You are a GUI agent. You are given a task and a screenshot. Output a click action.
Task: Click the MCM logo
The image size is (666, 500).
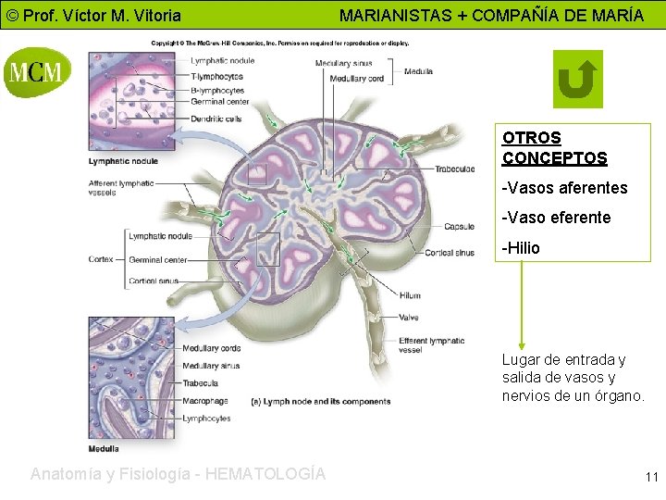37,70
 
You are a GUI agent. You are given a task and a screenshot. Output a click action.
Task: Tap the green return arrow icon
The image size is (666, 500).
577,79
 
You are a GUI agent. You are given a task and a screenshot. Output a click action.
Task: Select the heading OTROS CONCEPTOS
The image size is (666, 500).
554,148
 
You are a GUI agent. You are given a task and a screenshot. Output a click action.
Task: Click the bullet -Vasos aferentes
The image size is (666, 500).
564,188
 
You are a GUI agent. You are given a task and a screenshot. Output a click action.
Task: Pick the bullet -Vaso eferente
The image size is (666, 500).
556,218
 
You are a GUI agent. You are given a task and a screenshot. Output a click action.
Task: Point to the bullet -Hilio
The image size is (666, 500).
521,248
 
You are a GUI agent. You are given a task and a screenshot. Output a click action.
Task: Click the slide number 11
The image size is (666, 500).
651,478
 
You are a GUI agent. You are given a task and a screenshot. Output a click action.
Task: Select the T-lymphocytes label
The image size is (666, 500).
217,76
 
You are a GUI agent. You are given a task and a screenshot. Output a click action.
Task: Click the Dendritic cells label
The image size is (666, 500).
216,118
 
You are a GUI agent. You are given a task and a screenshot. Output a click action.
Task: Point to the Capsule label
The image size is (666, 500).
459,226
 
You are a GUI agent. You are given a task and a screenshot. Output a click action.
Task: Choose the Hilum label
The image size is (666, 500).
410,296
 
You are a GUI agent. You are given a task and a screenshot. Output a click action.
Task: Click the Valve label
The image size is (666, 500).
409,318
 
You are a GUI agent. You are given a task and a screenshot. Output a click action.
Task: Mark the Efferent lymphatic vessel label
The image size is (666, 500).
431,345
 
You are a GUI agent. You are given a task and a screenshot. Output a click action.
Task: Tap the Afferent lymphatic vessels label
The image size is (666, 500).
121,188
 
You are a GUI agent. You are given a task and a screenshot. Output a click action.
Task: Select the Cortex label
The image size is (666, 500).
101,259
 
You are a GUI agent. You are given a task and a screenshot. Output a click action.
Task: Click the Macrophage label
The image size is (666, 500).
205,401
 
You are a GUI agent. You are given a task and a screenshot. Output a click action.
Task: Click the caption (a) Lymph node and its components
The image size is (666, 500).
321,402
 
